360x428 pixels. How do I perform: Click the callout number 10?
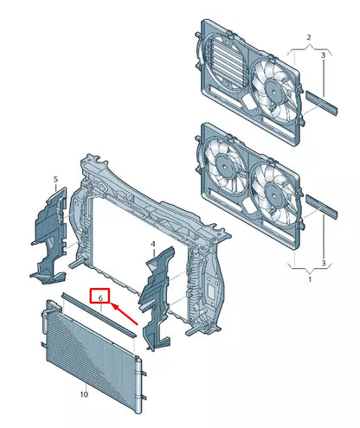(84, 394)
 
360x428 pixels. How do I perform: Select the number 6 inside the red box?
(100, 298)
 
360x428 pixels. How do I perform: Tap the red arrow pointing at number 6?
(125, 314)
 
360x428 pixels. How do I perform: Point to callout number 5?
(55, 179)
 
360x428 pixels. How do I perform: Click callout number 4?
(153, 244)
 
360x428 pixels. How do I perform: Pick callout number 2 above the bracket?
(309, 37)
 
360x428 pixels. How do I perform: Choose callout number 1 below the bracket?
(310, 279)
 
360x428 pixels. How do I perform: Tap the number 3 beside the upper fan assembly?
(323, 54)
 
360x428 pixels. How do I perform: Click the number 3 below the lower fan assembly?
(324, 263)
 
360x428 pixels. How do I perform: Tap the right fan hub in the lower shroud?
(273, 193)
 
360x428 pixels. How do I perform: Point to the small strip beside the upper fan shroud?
(322, 103)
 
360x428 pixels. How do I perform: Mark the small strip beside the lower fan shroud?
(322, 207)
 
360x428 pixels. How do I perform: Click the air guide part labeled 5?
(49, 236)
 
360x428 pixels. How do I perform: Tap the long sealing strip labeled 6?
(98, 315)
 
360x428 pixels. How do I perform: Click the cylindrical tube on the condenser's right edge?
(138, 386)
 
